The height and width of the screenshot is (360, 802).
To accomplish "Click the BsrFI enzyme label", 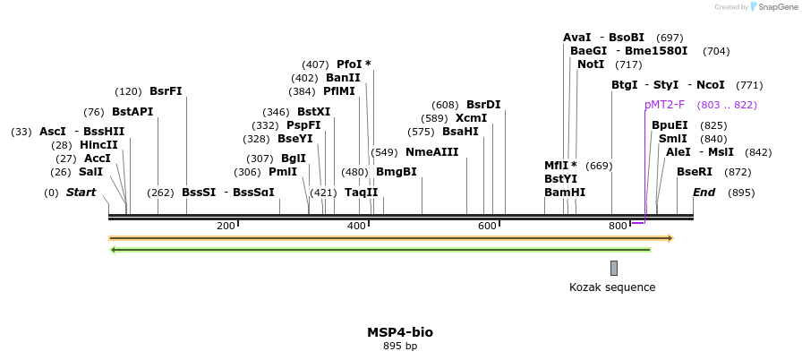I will [x=166, y=91].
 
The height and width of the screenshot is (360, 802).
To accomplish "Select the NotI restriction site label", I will [x=591, y=64].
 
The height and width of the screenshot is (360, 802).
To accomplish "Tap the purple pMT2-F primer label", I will [x=664, y=105].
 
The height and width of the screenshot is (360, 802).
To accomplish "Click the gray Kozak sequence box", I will [x=614, y=268].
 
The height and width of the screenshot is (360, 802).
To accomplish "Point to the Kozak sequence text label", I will [x=612, y=287].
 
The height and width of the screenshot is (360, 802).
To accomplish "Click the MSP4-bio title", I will [x=400, y=332].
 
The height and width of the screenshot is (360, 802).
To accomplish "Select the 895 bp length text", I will [x=400, y=346].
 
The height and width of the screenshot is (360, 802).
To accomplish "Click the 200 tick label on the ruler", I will [x=226, y=226].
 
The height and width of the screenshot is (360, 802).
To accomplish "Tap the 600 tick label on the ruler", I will [x=487, y=226].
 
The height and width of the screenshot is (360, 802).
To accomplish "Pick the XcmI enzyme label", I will [x=471, y=118].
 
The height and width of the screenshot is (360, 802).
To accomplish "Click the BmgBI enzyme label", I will [x=396, y=172].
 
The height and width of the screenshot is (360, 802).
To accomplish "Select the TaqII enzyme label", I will [x=362, y=193].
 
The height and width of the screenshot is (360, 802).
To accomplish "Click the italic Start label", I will [x=81, y=193].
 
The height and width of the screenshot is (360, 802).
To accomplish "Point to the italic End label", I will [x=704, y=193].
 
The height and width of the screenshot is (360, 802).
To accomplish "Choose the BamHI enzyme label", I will [x=565, y=193].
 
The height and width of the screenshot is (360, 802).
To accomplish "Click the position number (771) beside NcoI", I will [x=749, y=85].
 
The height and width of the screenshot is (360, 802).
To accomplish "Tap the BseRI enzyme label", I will [x=695, y=172].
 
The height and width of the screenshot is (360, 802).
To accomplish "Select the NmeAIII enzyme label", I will [x=431, y=152].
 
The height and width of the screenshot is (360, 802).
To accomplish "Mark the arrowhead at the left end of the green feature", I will [x=112, y=249].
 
